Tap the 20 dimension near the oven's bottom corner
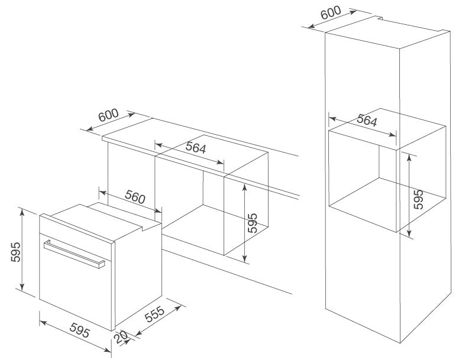pyautogui.click(x=122, y=338)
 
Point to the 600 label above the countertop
pyautogui.click(x=109, y=116)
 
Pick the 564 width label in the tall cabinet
pyautogui.click(x=367, y=122)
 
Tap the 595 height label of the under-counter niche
pyautogui.click(x=253, y=223)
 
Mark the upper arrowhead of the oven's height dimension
pyautogui.click(x=21, y=211)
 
